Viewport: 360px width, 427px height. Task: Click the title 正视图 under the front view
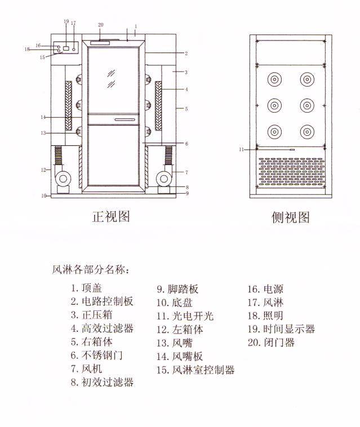[x=111, y=216]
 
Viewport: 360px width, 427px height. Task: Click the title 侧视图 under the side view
[x=290, y=217]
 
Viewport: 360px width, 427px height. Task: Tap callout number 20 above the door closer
[x=100, y=25]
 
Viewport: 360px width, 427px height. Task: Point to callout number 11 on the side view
[x=241, y=149]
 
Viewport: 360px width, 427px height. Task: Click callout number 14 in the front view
[x=42, y=117]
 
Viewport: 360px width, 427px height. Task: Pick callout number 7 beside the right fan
[x=186, y=172]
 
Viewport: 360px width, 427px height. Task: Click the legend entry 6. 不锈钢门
[x=96, y=355]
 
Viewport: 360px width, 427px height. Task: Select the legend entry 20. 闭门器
[x=271, y=342]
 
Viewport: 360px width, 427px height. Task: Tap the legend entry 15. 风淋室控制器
[x=195, y=370]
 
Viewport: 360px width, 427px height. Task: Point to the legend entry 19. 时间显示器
[x=281, y=329]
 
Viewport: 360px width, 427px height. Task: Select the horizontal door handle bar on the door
[x=125, y=119]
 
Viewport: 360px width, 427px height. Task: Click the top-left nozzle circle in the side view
[x=274, y=79]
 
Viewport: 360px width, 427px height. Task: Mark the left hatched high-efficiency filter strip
[x=69, y=105]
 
